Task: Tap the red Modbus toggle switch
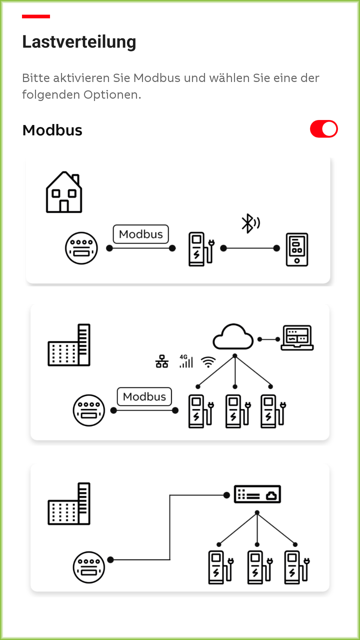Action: [324, 129]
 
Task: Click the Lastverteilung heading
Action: [79, 42]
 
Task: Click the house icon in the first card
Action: [64, 192]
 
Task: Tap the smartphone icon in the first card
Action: [297, 250]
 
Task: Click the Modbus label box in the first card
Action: [141, 234]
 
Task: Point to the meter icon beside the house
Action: [81, 248]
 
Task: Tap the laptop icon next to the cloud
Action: [297, 338]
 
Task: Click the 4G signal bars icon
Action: [186, 361]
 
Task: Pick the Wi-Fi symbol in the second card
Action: [208, 362]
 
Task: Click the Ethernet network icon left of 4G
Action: [162, 361]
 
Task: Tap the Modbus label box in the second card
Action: [144, 397]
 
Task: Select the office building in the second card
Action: [69, 345]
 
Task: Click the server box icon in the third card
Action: [257, 494]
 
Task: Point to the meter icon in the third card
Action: [89, 567]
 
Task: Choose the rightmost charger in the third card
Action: [297, 567]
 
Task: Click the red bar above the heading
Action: [36, 16]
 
